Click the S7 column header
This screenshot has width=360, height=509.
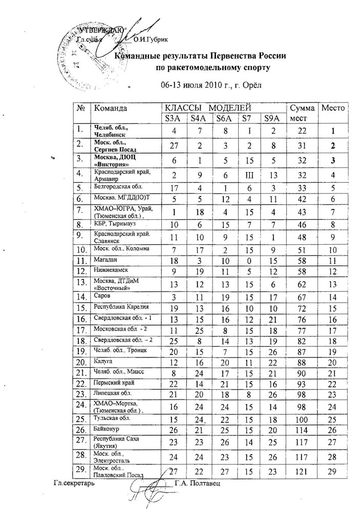[x=247, y=119]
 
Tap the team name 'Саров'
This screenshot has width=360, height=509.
[x=100, y=295]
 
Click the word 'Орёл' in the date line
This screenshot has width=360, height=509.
[x=252, y=84]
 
